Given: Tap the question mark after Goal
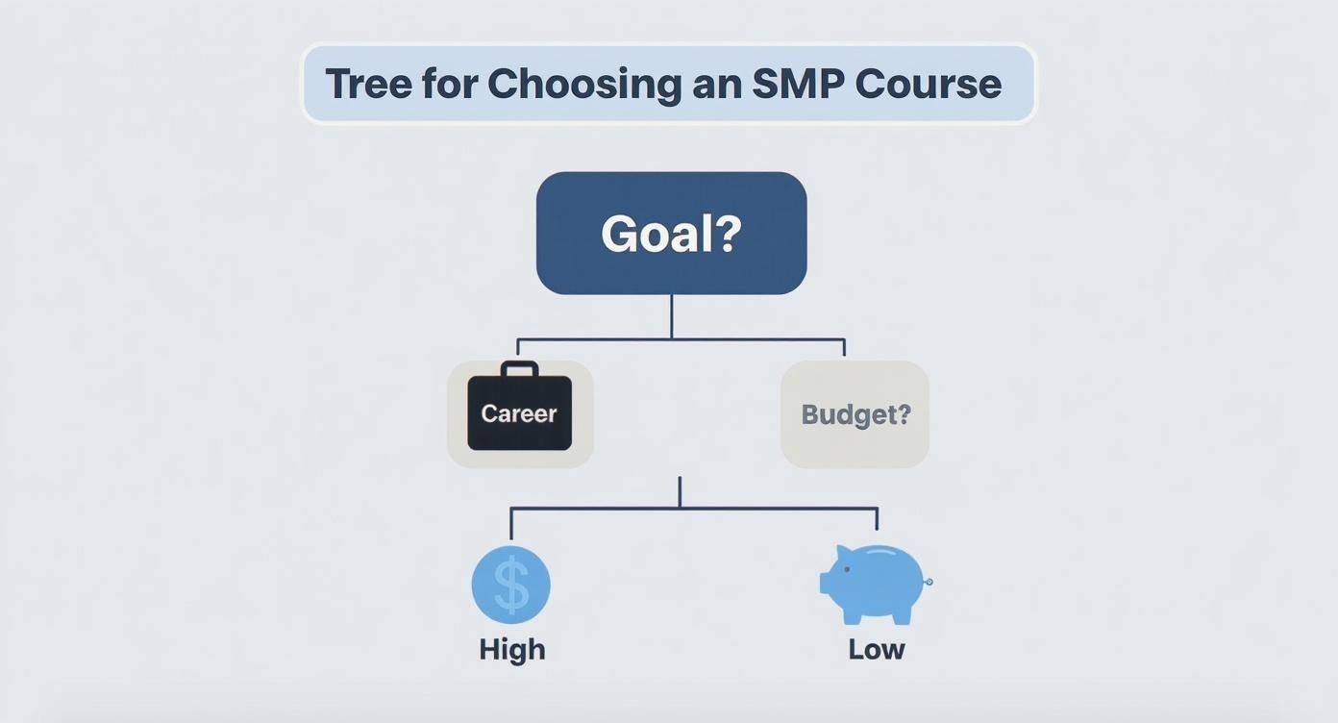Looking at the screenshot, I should tap(729, 234).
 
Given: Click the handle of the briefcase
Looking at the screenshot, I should tap(519, 368).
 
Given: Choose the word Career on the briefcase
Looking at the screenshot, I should tap(519, 413).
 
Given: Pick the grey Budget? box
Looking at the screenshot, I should tap(855, 414).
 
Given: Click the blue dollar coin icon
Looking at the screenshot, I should tap(510, 585).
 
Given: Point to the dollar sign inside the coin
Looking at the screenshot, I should tap(511, 586).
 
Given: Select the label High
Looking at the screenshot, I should tap(512, 649).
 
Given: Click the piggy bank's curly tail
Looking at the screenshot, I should tap(929, 582).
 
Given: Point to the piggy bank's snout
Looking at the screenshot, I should tap(825, 582).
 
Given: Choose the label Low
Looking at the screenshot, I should tap(877, 649).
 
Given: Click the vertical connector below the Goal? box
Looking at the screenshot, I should tap(671, 315).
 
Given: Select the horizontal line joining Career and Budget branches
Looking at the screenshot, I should tap(596, 339).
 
